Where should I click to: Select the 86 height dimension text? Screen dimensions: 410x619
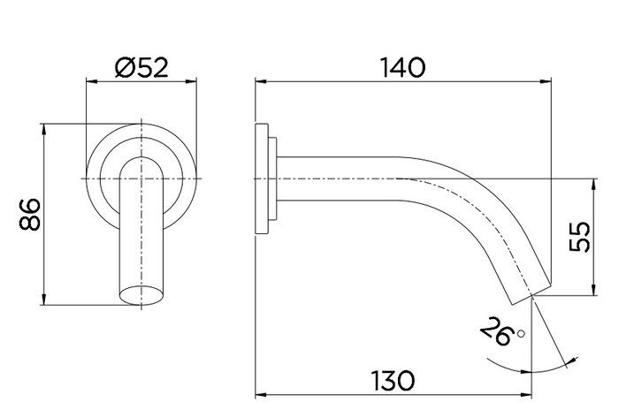[29, 214]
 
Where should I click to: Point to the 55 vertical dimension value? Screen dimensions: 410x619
[580, 237]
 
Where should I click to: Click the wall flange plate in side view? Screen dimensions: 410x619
[263, 179]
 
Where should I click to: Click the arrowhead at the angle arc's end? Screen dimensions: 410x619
[566, 361]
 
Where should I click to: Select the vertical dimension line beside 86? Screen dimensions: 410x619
[43, 215]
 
